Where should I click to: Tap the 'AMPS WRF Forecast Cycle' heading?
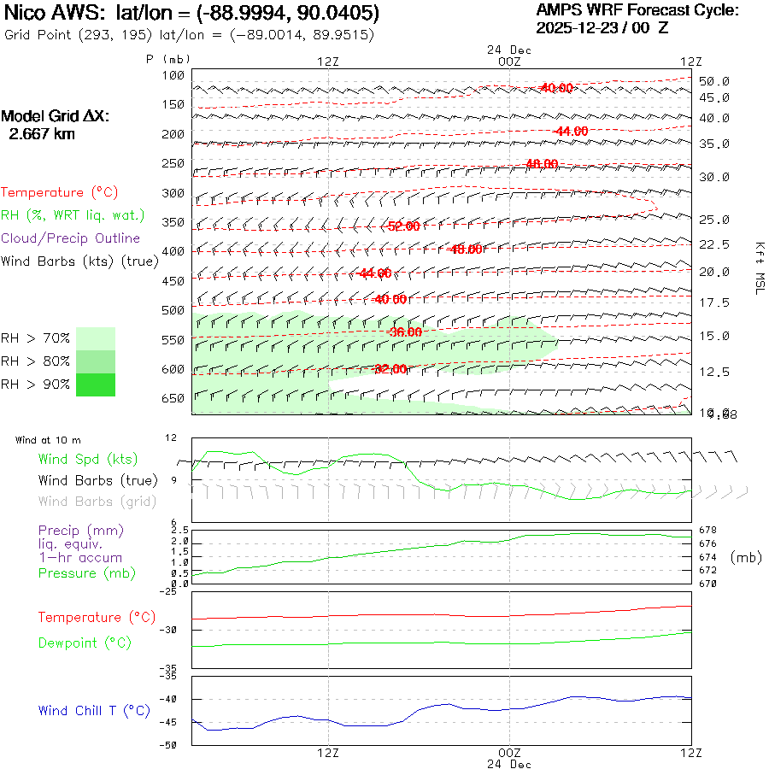click(x=637, y=10)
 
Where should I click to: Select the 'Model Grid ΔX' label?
click(x=56, y=116)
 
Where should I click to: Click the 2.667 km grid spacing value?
click(x=41, y=134)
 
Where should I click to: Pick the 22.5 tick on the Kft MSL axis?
click(x=714, y=245)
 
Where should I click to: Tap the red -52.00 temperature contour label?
click(x=403, y=226)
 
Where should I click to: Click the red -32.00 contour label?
click(x=390, y=369)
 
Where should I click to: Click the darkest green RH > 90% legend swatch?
click(x=95, y=384)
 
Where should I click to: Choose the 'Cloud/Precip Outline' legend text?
click(x=71, y=238)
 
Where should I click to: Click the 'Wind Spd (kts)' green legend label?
click(x=88, y=460)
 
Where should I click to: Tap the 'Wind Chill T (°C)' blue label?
click(x=94, y=711)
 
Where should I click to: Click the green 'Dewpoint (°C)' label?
click(x=85, y=643)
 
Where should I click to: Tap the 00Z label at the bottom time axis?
click(x=509, y=753)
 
